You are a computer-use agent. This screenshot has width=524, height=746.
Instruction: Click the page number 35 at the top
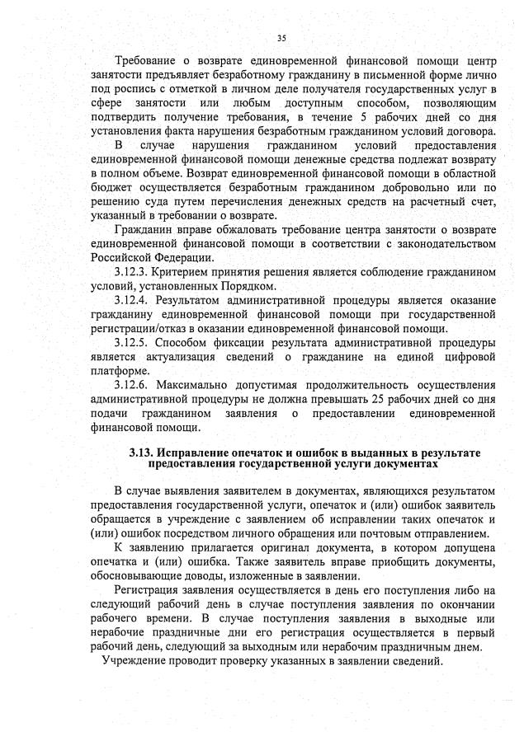tap(281, 38)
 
